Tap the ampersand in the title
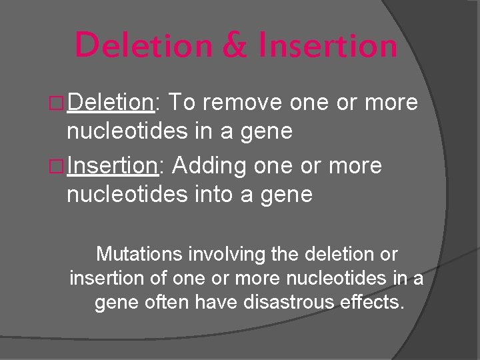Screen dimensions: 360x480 point(233,45)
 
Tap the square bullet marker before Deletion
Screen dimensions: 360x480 point(58,103)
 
